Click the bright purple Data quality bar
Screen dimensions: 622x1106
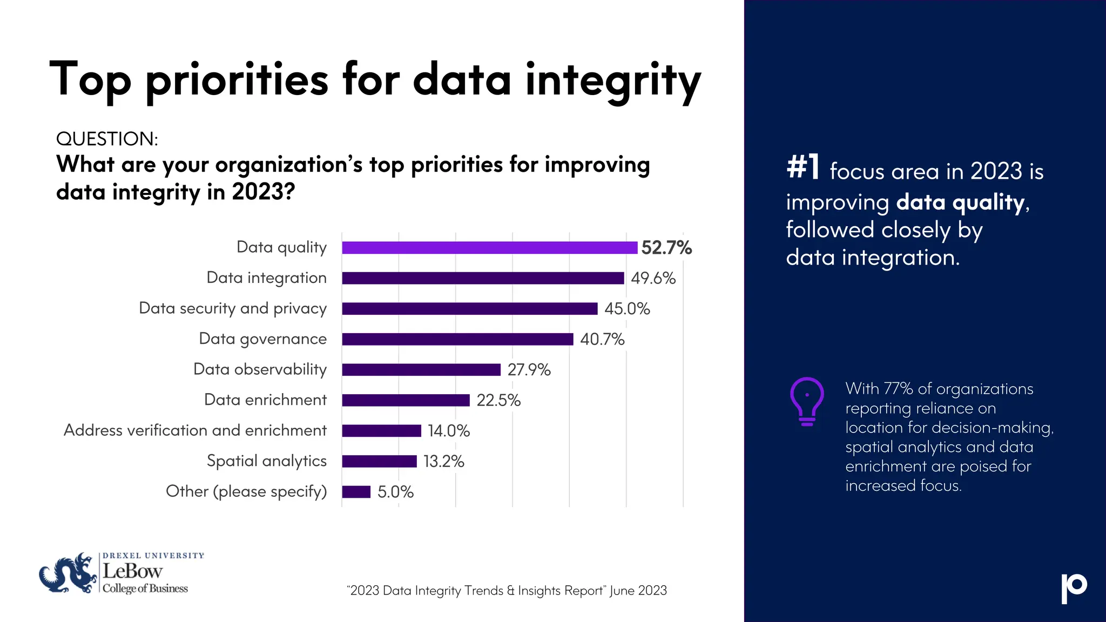pos(489,248)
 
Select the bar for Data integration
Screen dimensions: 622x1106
pos(483,278)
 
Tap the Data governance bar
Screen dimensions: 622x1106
pos(457,339)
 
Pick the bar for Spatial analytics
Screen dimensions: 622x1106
pos(379,461)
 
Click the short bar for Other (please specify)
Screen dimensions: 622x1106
pos(356,492)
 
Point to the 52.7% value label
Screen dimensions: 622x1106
pos(666,248)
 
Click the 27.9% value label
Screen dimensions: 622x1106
pos(529,370)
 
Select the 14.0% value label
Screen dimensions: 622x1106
pos(448,431)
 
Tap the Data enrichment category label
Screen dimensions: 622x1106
pos(265,400)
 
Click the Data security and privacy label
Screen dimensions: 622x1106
pos(233,308)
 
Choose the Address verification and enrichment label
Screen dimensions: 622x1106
pos(195,430)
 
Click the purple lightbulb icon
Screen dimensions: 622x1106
pos(807,401)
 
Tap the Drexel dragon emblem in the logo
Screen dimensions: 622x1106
pos(68,573)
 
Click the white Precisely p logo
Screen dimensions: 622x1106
pos(1074,587)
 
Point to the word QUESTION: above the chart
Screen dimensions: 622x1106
pos(107,139)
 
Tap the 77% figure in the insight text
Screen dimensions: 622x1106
pos(898,389)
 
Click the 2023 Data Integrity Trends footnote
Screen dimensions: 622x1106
pos(507,591)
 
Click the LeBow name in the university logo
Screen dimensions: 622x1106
pos(132,571)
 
